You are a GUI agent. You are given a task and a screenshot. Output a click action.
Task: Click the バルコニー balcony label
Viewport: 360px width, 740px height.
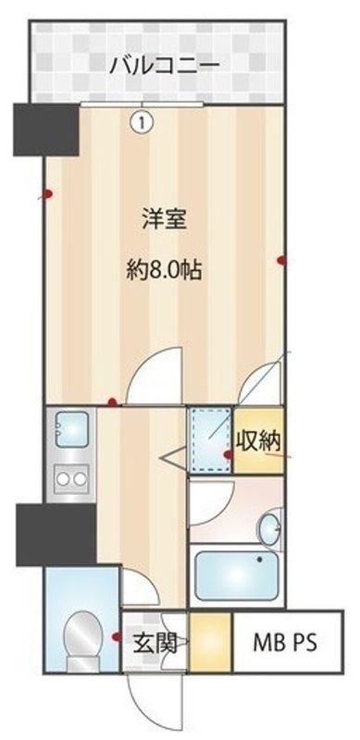click(163, 66)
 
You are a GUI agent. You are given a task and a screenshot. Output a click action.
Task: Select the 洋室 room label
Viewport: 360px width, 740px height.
click(165, 220)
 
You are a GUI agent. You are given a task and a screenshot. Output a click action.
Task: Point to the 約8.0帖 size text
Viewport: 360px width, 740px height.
click(165, 271)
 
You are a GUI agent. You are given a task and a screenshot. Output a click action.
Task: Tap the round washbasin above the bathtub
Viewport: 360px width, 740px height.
click(270, 527)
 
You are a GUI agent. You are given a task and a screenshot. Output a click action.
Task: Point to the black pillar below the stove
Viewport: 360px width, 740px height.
click(55, 534)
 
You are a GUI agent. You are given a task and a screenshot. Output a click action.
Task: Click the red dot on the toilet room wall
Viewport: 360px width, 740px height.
click(116, 636)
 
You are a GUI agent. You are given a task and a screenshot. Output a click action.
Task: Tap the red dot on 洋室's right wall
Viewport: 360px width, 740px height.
click(280, 260)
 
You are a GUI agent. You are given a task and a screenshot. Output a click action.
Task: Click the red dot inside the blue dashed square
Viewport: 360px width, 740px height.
click(228, 455)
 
